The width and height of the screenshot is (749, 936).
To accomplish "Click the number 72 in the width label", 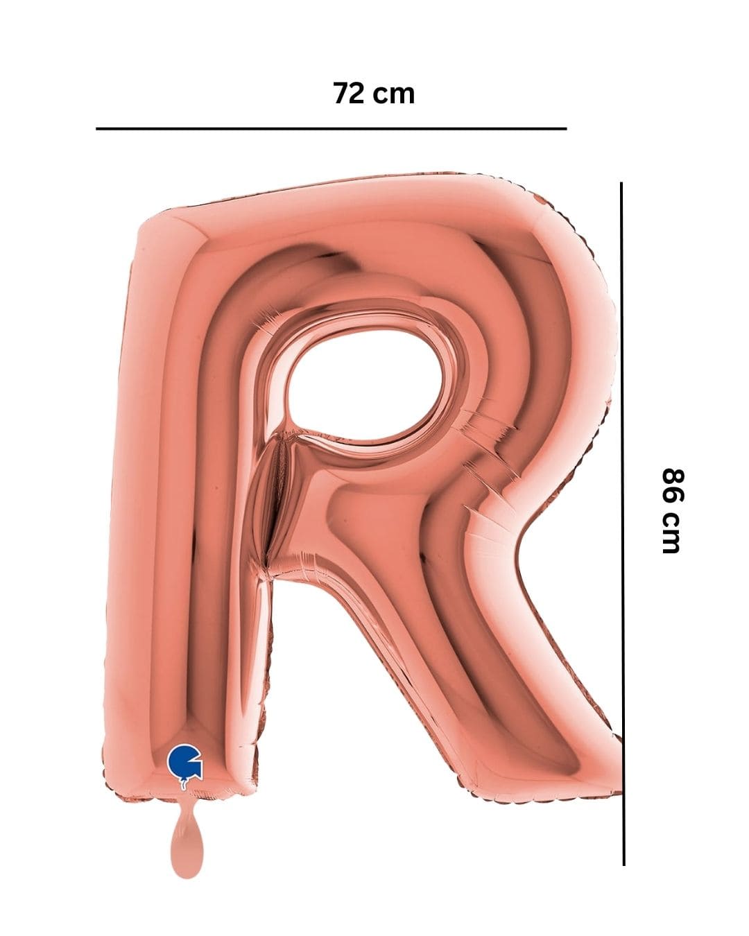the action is click(348, 93).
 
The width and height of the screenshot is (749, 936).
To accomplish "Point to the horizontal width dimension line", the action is click(332, 128).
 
